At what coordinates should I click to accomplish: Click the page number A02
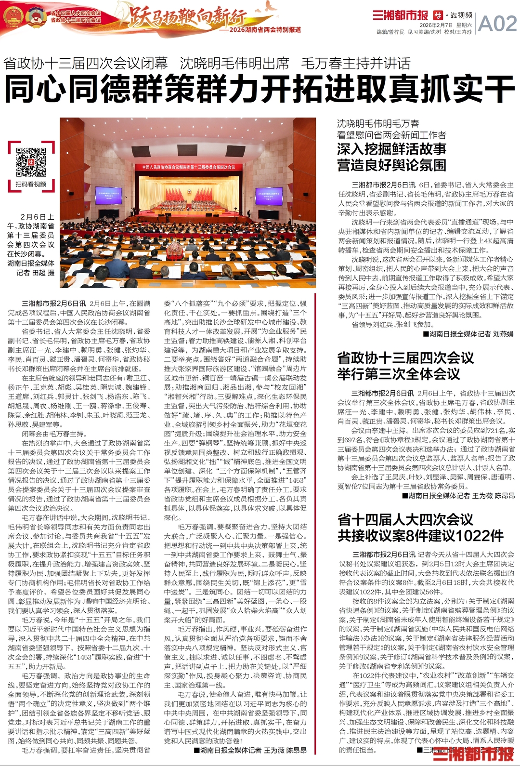coord(497,23)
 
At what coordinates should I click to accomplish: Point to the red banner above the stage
coord(189,167)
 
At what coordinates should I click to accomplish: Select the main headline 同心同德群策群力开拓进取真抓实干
coord(260,90)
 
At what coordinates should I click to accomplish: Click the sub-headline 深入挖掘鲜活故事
coord(391,149)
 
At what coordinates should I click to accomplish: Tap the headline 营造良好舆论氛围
coord(391,165)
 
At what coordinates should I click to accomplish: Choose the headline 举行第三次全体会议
coord(399,374)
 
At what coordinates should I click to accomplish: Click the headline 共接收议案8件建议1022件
coord(421,536)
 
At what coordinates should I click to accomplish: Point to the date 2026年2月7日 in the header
coord(436,25)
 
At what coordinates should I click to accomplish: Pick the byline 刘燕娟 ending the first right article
coord(503,334)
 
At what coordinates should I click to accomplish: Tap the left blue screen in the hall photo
coord(108,196)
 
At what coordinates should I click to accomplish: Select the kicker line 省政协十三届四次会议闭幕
coord(86,63)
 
